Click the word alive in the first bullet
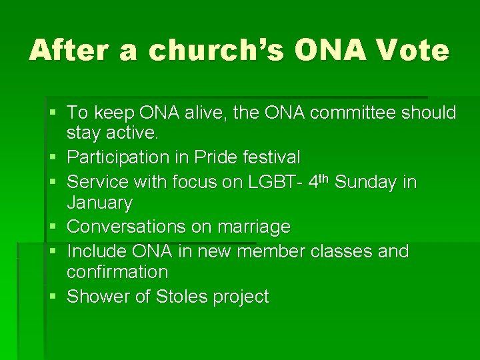(x=194, y=113)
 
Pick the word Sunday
(x=366, y=182)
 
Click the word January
(x=100, y=203)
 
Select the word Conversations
(x=127, y=227)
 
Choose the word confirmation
(x=117, y=272)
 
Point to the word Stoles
(x=182, y=297)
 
